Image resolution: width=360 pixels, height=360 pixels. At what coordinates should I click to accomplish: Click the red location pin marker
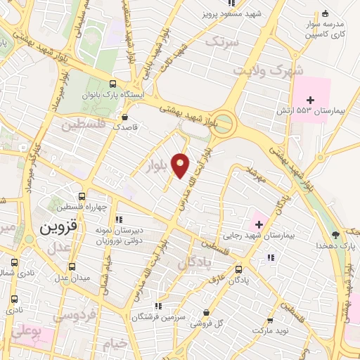click(181, 164)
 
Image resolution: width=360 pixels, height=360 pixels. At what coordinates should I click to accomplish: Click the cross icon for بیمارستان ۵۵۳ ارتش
click(310, 100)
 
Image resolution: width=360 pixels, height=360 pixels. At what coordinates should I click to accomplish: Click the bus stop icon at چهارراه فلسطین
click(82, 196)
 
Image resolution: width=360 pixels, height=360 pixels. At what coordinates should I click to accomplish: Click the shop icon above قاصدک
click(124, 117)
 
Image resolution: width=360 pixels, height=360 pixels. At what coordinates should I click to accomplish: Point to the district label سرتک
click(222, 42)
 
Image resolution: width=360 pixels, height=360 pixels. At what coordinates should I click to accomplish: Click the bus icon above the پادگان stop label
click(238, 268)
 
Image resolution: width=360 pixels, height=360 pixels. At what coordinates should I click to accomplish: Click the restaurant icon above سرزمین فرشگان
click(159, 306)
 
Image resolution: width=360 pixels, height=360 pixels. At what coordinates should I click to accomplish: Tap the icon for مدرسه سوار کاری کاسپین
click(325, 13)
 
